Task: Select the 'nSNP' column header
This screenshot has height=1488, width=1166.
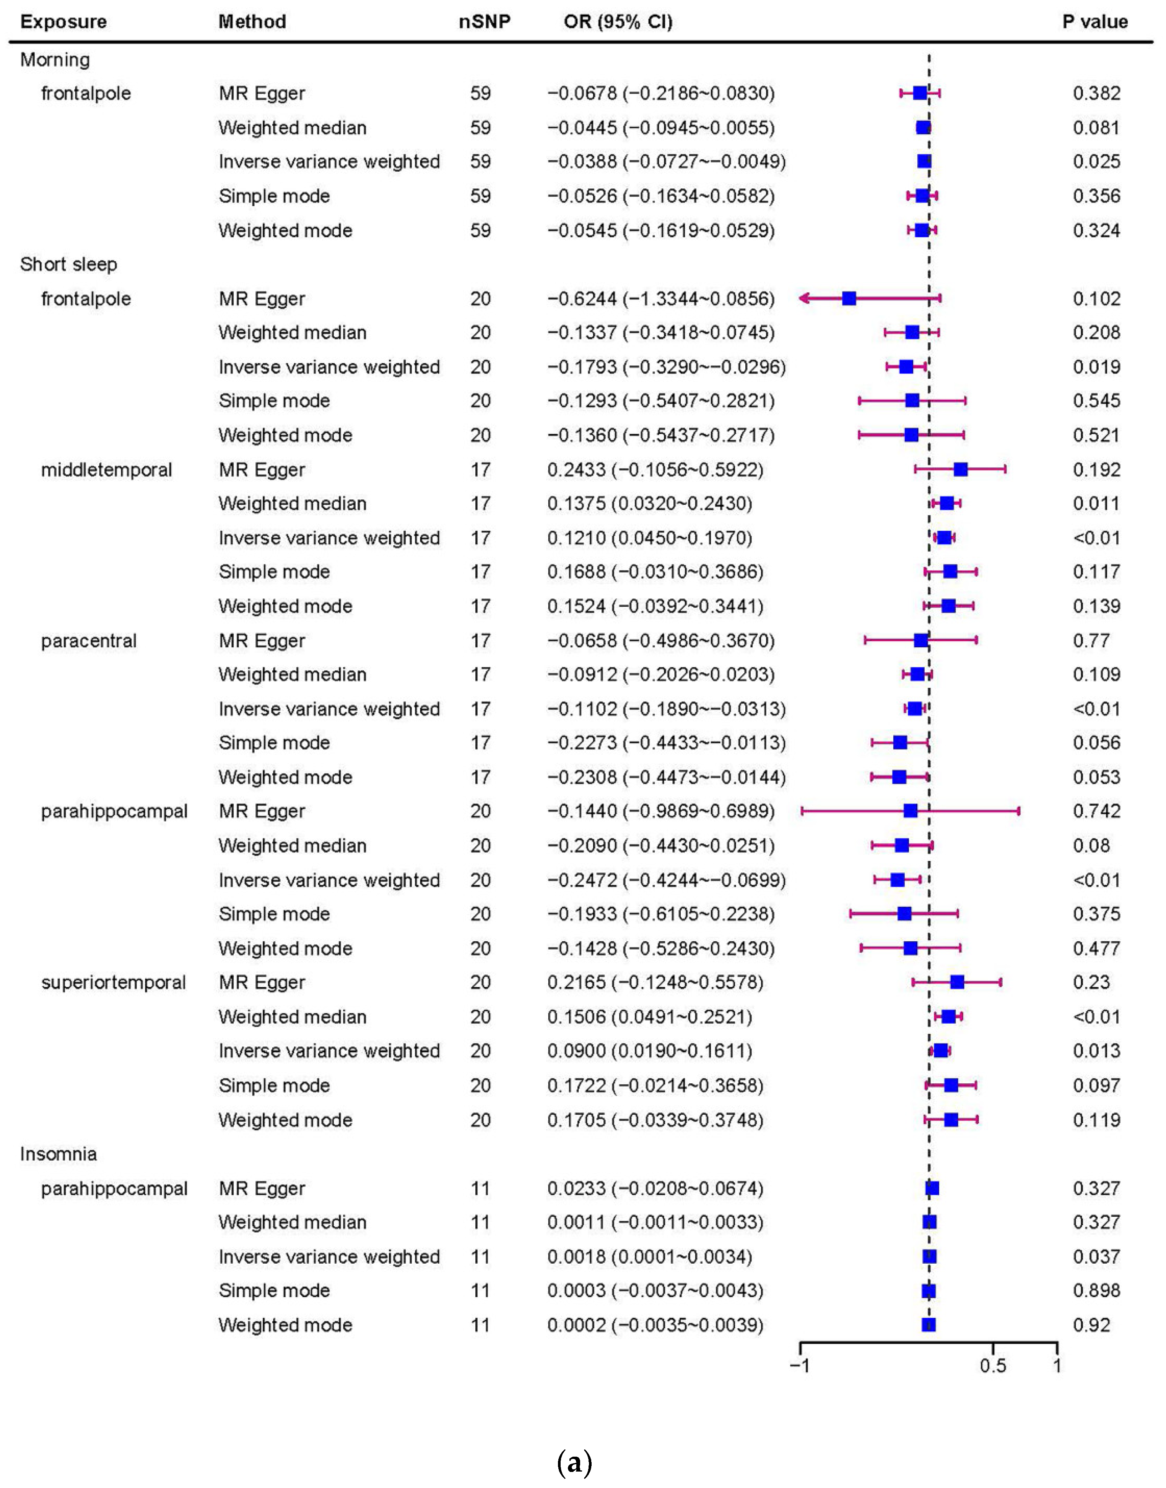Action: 484,22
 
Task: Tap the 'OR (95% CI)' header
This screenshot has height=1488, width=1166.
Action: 618,22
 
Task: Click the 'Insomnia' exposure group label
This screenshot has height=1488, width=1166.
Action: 59,1154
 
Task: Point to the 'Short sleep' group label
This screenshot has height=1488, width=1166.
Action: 68,264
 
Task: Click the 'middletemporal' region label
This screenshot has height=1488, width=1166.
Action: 106,469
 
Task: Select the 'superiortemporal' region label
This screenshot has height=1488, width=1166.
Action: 113,982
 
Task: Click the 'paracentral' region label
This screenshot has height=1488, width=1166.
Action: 89,641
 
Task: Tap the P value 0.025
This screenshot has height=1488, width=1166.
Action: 1096,162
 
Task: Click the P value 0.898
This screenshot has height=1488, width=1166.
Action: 1096,1290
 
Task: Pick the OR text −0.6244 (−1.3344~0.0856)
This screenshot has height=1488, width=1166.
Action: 661,299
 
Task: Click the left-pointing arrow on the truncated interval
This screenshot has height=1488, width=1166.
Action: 805,298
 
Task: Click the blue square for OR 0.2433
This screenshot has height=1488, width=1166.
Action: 961,469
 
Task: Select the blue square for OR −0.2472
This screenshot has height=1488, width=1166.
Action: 897,880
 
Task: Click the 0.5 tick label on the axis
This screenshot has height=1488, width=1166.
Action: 993,1365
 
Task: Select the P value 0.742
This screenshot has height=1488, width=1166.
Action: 1096,811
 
